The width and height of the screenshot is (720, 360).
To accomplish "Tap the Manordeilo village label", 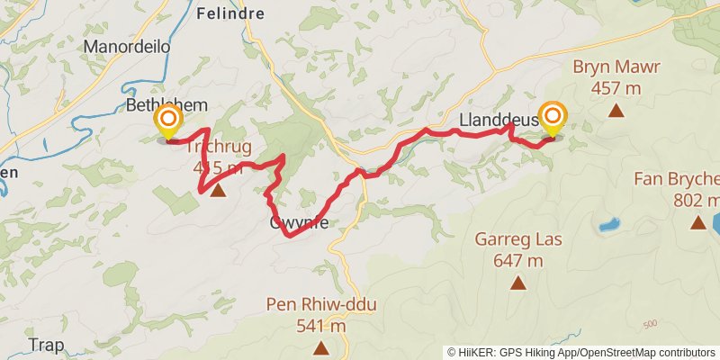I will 127,46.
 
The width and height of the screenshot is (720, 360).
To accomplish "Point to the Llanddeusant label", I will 497,120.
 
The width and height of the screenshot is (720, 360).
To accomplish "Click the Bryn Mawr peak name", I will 616,67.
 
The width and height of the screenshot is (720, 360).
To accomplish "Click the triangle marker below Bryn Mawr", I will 616,111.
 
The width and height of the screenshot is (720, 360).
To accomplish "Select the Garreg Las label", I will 517,240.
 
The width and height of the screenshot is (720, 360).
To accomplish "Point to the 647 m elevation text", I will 517,261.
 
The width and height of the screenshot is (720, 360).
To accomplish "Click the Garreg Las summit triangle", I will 518,283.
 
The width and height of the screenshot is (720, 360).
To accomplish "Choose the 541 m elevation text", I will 321,326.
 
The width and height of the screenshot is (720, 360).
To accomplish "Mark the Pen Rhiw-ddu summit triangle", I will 321,348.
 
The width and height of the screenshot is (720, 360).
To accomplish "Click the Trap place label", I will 46,345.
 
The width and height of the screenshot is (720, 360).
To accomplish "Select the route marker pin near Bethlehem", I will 168,122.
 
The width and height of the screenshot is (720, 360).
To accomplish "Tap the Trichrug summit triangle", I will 218,190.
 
